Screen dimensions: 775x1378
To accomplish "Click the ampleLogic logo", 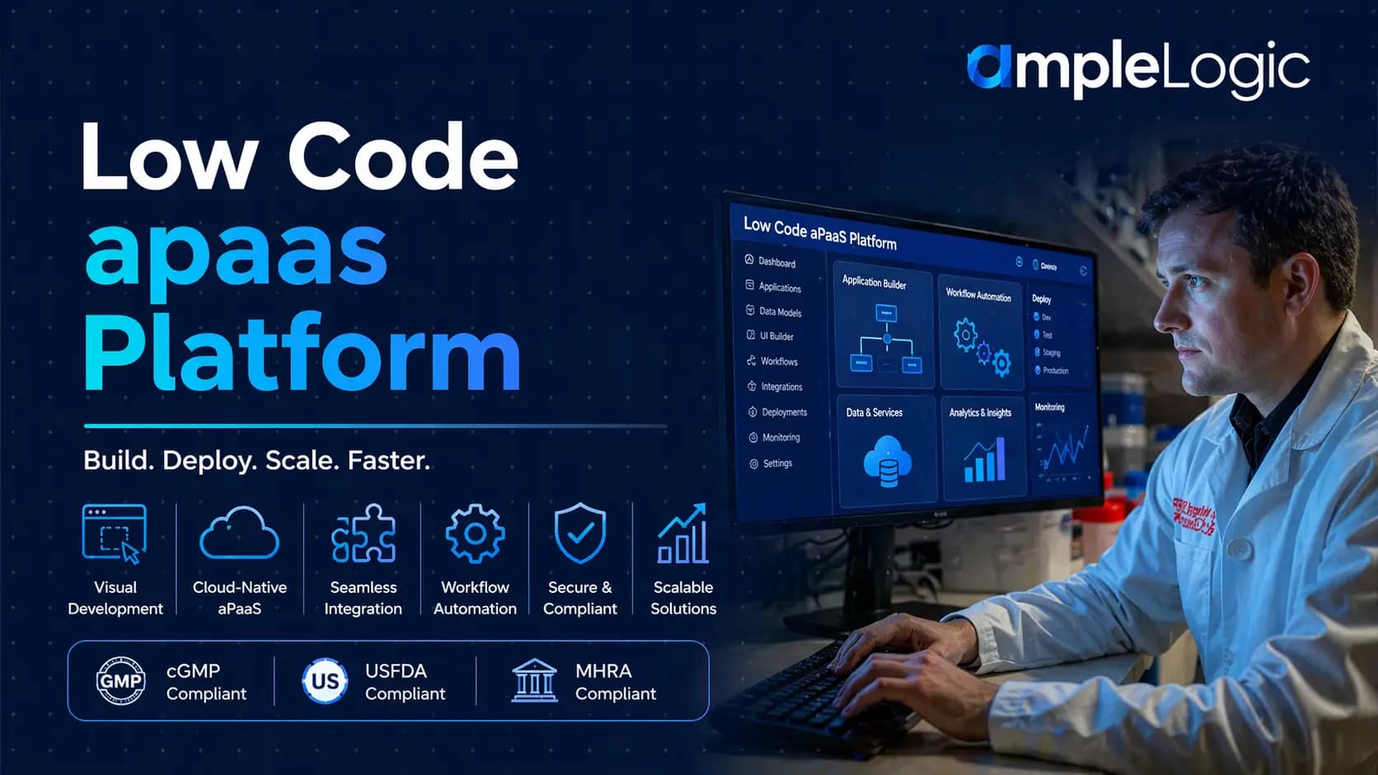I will click(1137, 68).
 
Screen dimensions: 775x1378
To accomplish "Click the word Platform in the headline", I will click(302, 352).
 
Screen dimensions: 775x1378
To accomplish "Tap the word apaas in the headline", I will click(236, 252).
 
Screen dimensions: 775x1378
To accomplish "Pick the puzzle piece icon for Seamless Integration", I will click(363, 534).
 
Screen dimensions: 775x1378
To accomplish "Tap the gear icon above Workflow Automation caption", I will click(475, 534).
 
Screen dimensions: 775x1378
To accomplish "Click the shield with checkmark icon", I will click(580, 534).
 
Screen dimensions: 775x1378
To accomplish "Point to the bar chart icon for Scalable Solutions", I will click(682, 535).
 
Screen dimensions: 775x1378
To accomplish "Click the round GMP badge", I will click(120, 681).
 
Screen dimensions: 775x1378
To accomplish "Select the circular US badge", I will click(325, 681).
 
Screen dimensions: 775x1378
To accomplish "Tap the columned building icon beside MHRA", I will click(534, 680).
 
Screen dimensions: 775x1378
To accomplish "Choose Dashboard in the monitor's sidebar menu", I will click(776, 263).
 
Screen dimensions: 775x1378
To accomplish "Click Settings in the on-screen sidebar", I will click(776, 464).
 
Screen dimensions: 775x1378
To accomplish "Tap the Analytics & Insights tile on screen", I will click(982, 449).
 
